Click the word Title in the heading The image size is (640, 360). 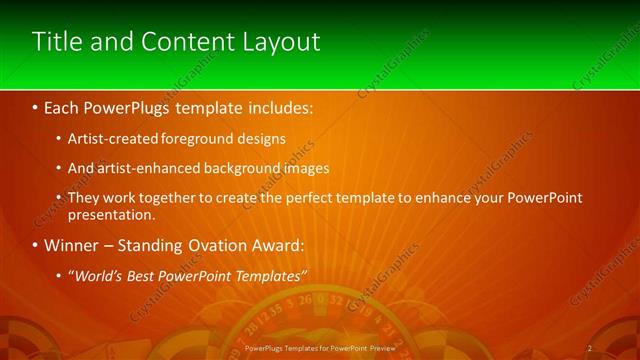(x=56, y=41)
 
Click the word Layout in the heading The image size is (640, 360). (x=282, y=41)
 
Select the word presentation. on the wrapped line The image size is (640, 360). (x=112, y=214)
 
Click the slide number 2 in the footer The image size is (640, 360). (x=590, y=348)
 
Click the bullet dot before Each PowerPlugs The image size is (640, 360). (x=35, y=105)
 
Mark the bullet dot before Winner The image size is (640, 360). (x=35, y=245)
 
